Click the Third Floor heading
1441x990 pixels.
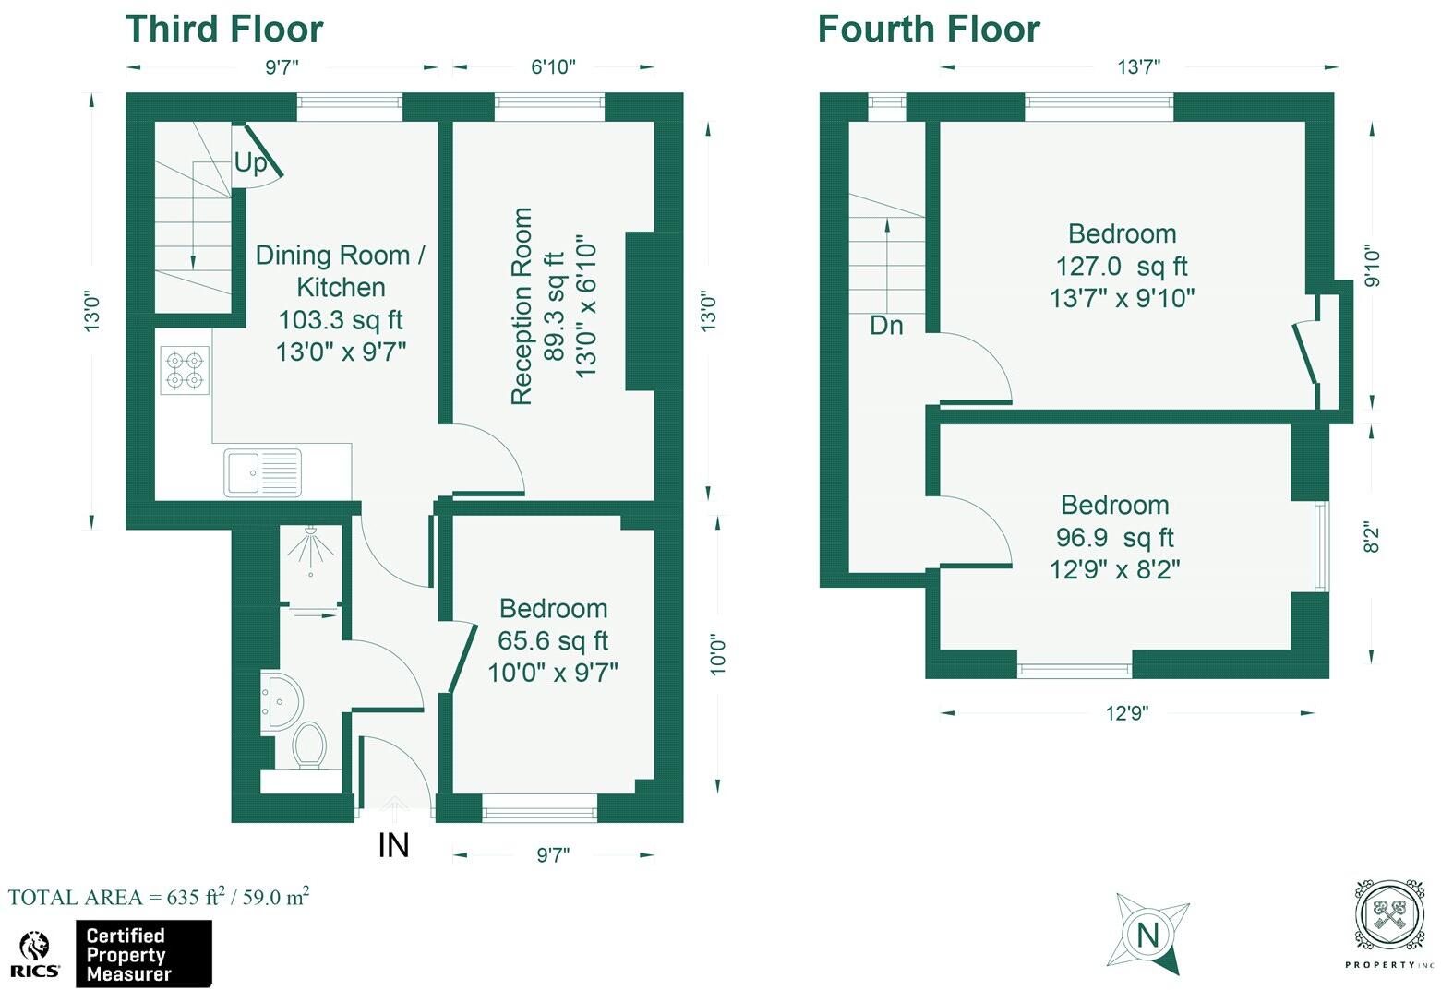224,30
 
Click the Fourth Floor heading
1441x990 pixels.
929,30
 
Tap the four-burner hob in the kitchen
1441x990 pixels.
185,369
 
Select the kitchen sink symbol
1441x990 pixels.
262,472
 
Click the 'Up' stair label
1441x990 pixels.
250,163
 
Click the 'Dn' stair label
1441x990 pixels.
886,326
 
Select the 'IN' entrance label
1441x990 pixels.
393,845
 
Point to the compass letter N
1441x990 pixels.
1147,936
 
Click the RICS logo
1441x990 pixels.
36,955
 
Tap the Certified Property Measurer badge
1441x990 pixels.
143,955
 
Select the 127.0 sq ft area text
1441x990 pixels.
1122,267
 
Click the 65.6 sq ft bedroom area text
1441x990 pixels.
553,640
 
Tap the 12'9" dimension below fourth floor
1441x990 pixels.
1127,713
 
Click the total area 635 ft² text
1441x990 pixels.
158,898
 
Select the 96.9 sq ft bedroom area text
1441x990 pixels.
1114,537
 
